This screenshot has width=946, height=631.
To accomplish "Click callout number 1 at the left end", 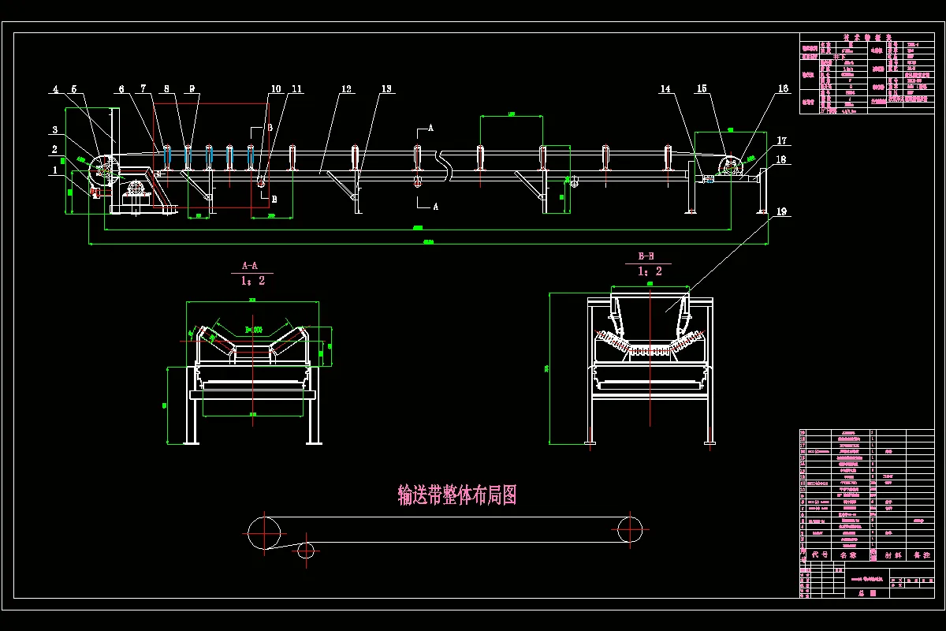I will [55, 170].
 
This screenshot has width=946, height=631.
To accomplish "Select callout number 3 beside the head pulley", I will [55, 130].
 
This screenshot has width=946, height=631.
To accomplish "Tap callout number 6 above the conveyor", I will [122, 90].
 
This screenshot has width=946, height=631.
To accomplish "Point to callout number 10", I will [276, 90].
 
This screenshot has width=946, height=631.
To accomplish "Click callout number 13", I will [386, 90].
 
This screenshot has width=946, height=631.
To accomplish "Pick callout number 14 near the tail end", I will [666, 90].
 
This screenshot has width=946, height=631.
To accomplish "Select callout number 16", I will [784, 90].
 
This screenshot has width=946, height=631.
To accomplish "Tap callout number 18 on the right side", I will [781, 160].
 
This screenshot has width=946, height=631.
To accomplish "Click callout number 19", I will [781, 211].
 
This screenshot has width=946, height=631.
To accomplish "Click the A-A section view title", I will [250, 266].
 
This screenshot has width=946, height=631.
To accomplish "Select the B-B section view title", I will [646, 256].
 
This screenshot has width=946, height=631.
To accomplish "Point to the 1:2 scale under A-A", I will [253, 281].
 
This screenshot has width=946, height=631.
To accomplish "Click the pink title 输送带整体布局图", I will [457, 495].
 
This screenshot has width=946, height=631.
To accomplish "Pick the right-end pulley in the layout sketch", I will [630, 529].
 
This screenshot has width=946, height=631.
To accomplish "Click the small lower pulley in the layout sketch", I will [306, 550].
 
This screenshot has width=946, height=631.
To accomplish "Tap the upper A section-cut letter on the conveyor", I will [430, 127].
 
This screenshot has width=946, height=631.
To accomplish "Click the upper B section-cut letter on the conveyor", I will [270, 128].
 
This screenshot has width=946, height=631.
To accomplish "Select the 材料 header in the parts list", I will [893, 555].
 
